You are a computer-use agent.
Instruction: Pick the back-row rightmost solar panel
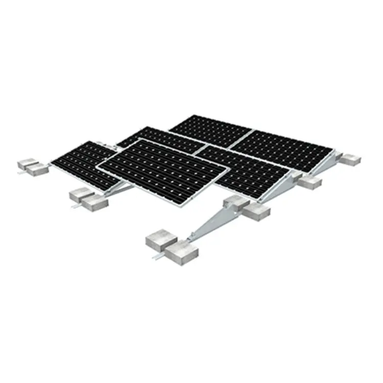283,148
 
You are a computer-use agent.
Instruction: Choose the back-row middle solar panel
212,130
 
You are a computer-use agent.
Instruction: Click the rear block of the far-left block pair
27,162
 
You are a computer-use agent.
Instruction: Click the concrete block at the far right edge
351,159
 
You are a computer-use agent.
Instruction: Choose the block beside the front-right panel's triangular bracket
310,182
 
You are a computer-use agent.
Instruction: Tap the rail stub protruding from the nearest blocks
154,255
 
